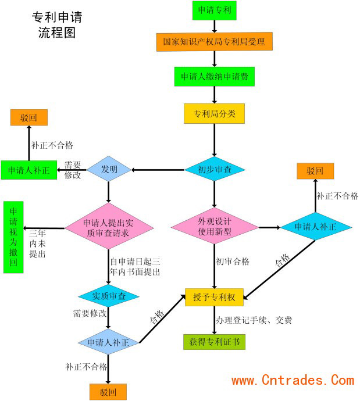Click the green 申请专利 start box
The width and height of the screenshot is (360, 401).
pos(214,10)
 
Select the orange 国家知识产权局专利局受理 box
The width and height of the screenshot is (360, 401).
pos(214,42)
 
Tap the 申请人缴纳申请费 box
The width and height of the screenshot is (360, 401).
pos(214,77)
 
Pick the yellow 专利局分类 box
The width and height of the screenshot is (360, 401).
pos(214,113)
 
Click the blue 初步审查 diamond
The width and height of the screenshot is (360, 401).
pos(215,170)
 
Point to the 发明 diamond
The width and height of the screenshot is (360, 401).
pos(109,170)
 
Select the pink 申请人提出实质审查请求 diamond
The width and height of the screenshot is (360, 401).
pos(110,227)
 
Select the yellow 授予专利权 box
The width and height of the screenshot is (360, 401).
pos(214,298)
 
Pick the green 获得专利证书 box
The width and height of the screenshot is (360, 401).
pos(214,341)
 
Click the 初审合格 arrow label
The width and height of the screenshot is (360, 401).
pos(233,262)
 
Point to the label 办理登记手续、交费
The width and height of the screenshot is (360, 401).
pos(252,320)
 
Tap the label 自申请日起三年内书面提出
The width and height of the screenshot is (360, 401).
pos(135,267)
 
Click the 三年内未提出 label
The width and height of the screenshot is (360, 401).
pos(38,244)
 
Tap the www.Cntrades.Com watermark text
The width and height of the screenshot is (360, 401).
pos(293,381)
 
